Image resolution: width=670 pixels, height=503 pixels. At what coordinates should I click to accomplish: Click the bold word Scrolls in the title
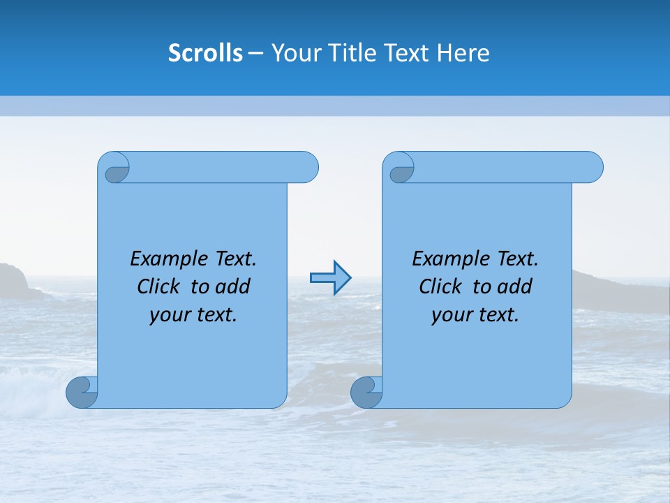coord(205,53)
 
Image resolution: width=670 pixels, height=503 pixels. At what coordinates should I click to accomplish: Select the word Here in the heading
coord(463,53)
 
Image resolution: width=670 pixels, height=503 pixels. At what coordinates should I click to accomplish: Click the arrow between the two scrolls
coord(330,278)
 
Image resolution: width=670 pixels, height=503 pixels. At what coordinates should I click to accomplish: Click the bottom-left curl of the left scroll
coord(82,392)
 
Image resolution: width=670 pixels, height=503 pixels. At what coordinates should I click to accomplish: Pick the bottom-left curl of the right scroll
coord(366,392)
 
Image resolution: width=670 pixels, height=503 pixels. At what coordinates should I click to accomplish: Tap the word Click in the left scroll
coord(160,287)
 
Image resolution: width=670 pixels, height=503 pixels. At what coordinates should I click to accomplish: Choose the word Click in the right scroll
coord(441,287)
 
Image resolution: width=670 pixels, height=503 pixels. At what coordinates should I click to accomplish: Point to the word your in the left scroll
coord(170,316)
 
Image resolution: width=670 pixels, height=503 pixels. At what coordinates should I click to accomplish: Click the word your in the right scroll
coord(452,316)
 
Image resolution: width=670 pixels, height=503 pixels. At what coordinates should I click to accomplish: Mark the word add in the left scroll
coord(232,287)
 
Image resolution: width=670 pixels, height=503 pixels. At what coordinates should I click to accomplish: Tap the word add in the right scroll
coord(514,287)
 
